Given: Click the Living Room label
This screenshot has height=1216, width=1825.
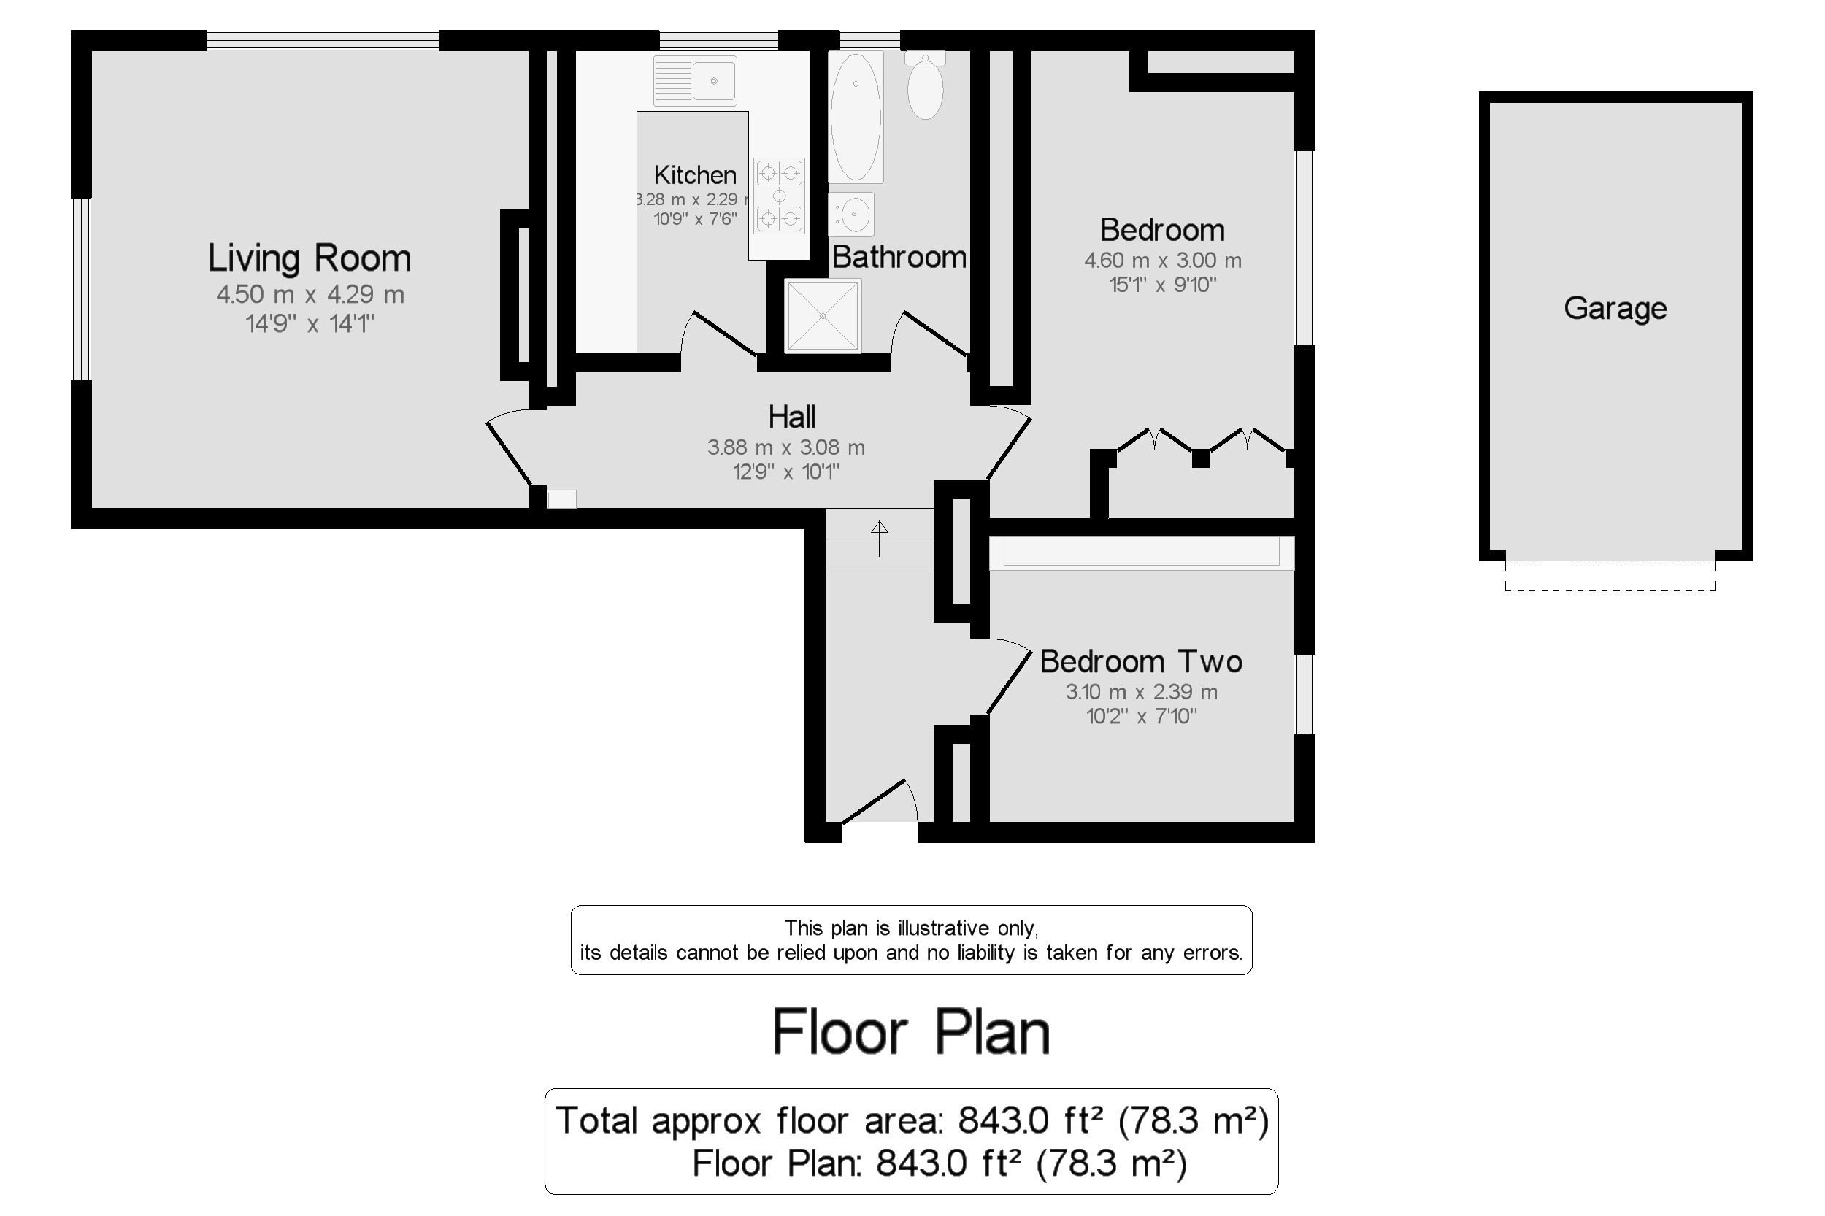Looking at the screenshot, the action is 309,258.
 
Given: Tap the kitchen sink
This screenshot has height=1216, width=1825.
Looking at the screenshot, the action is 695,80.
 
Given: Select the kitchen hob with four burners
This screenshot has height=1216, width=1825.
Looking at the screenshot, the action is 780,196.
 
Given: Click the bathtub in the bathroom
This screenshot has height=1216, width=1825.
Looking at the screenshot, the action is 856,117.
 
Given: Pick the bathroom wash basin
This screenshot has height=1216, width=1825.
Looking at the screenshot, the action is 853,213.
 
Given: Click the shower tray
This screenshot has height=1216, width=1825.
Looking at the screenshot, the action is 823,315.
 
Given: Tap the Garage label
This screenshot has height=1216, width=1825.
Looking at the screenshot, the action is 1615,309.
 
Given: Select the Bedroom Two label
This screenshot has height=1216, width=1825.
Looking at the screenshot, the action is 1140,661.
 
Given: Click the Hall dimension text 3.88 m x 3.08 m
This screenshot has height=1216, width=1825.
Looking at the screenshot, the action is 785,447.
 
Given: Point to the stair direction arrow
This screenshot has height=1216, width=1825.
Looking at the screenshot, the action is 879,537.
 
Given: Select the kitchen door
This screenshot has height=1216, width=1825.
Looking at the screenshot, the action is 723,334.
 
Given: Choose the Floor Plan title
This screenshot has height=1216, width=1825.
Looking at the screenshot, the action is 911,1032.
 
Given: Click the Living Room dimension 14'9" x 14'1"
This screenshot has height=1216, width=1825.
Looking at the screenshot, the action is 310,323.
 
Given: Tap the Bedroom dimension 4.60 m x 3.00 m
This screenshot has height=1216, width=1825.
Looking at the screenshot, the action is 1162,261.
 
